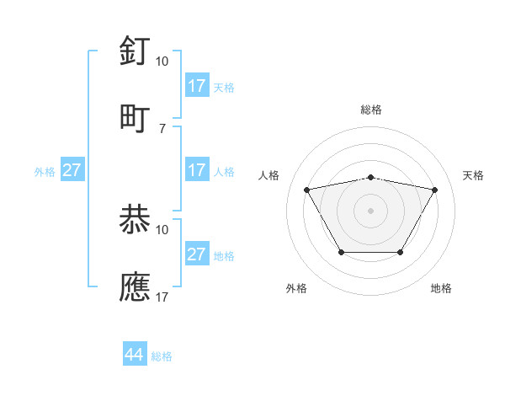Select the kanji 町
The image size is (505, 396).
click(x=136, y=118)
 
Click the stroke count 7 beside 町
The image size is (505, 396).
click(x=163, y=128)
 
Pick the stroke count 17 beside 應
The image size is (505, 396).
click(x=162, y=297)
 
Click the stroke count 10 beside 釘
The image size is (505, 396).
click(x=162, y=61)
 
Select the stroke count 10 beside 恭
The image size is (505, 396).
click(x=162, y=229)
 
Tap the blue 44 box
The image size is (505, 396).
click(x=135, y=355)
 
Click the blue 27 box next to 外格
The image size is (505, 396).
click(x=72, y=170)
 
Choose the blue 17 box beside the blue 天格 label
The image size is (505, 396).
click(x=197, y=86)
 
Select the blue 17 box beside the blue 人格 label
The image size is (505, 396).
click(x=197, y=170)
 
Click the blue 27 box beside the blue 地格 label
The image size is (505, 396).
click(x=197, y=254)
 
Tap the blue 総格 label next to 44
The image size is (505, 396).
click(x=162, y=356)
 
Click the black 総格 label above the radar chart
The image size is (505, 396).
click(x=371, y=110)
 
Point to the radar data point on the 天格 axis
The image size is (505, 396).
click(x=435, y=190)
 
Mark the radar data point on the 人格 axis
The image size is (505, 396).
click(x=306, y=190)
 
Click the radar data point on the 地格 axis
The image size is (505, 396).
click(x=401, y=252)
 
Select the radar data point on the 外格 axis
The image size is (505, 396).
click(x=341, y=252)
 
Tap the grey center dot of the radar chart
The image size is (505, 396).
click(x=371, y=210)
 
